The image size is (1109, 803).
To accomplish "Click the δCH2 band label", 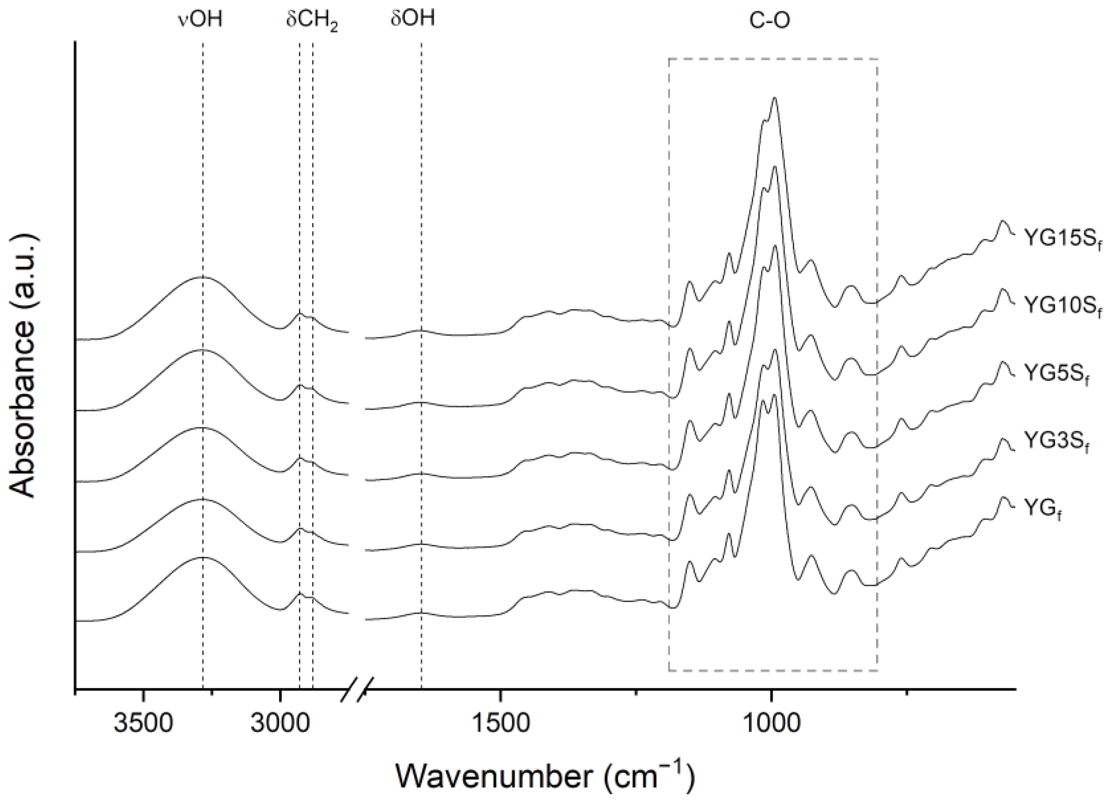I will (x=312, y=22).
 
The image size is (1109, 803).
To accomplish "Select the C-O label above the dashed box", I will (x=770, y=21).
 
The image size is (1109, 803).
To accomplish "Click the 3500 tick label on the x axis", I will (x=143, y=724).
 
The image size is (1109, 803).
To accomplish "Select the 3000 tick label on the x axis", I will (x=280, y=724).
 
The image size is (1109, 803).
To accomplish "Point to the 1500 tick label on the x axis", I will (x=500, y=724).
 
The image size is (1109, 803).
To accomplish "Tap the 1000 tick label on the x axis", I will (x=771, y=724).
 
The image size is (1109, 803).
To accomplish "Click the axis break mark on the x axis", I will (x=358, y=690).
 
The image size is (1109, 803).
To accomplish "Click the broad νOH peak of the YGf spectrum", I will (x=202, y=557).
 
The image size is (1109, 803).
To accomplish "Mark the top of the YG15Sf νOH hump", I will (x=202, y=277).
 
